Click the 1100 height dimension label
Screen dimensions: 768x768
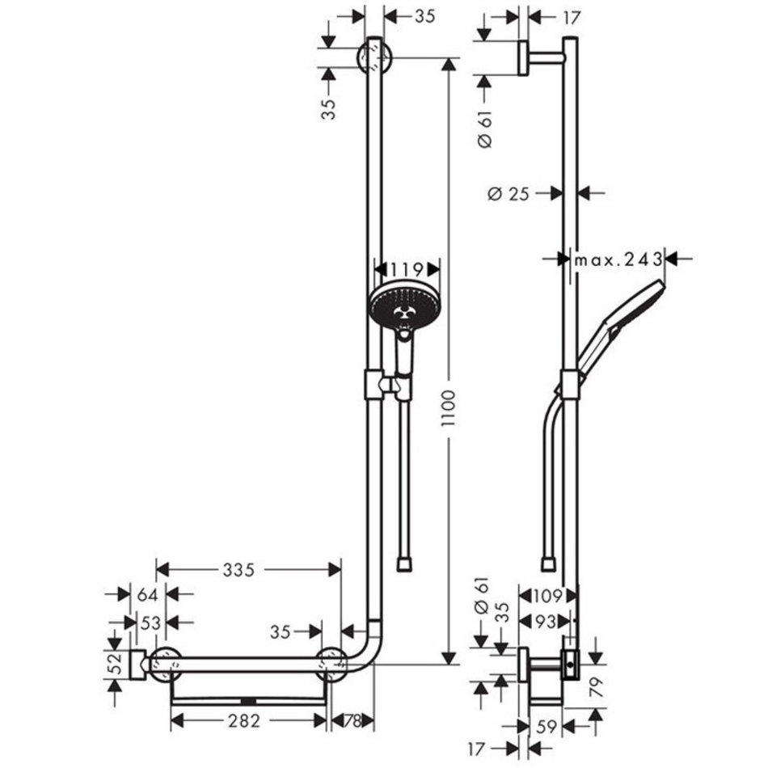tap(448, 408)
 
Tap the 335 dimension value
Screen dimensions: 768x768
tap(238, 570)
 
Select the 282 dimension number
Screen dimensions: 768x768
tap(244, 721)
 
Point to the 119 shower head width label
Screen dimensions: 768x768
tap(407, 269)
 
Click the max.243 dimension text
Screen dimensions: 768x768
tap(618, 260)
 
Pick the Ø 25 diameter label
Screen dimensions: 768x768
tap(508, 194)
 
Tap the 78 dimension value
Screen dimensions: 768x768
tap(352, 721)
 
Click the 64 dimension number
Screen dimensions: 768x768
tap(147, 595)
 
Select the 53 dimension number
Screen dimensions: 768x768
tap(150, 623)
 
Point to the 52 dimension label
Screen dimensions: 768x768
tap(114, 665)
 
